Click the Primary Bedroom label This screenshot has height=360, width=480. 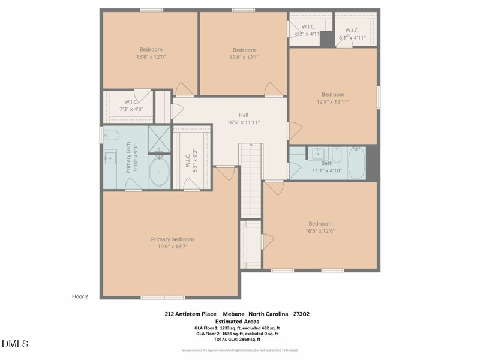pyautogui.click(x=172, y=239)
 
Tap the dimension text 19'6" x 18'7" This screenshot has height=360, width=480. pyautogui.click(x=172, y=247)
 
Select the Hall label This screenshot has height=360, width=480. pyautogui.click(x=243, y=115)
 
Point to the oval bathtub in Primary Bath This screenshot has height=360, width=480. pyautogui.click(x=159, y=172)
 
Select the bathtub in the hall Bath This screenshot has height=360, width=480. pyautogui.click(x=356, y=163)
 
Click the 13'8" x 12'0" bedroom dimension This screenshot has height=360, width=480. pyautogui.click(x=151, y=57)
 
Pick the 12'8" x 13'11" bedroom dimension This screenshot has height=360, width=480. pyautogui.click(x=333, y=102)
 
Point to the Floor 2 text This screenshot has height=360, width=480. pyautogui.click(x=80, y=296)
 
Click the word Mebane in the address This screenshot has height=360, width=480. pyautogui.click(x=235, y=314)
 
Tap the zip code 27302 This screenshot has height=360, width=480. pyautogui.click(x=301, y=314)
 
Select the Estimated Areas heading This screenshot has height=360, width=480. pyautogui.click(x=237, y=321)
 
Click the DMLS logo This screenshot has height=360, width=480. pyautogui.click(x=15, y=344)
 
